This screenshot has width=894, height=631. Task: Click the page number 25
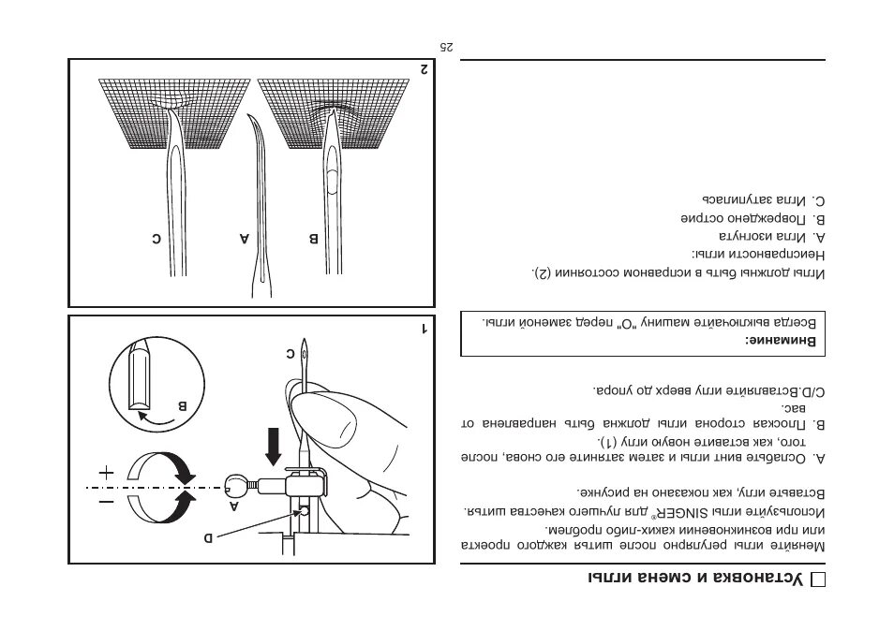point(447,46)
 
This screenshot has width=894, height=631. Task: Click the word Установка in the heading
point(759,580)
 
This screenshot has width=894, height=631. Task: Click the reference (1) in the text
point(609,440)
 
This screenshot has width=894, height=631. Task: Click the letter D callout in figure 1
point(210,537)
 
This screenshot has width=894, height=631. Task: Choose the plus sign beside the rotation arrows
point(106,473)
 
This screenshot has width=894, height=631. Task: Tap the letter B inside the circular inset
point(182,406)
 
